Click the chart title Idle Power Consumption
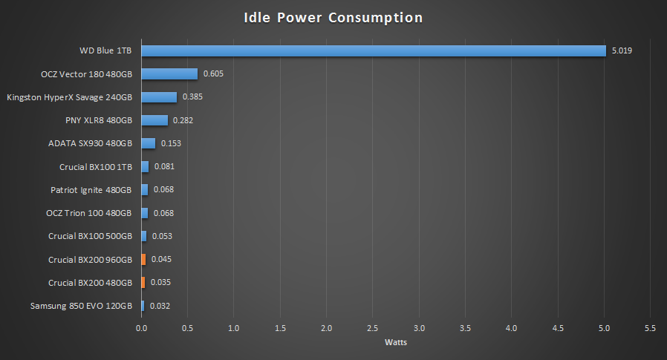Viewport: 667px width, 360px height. pos(333,18)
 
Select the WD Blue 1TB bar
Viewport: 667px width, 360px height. pos(374,50)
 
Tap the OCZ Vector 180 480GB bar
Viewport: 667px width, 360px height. pos(169,74)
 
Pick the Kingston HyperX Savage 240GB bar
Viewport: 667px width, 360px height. pos(159,97)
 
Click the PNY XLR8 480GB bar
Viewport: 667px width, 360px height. pos(154,120)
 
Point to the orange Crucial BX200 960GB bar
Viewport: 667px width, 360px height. pos(143,259)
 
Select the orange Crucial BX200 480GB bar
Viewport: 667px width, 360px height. pos(143,282)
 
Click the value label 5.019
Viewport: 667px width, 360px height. pos(621,51)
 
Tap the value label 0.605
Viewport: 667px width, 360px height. pos(213,74)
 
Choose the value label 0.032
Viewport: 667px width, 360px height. pos(160,306)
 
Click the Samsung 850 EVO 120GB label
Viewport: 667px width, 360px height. pos(81,306)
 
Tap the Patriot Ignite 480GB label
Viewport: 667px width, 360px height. pos(91,190)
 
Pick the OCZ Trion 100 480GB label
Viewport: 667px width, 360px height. pos(89,213)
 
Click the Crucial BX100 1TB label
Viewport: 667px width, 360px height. pos(96,167)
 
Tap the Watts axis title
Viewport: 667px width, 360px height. pos(395,342)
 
